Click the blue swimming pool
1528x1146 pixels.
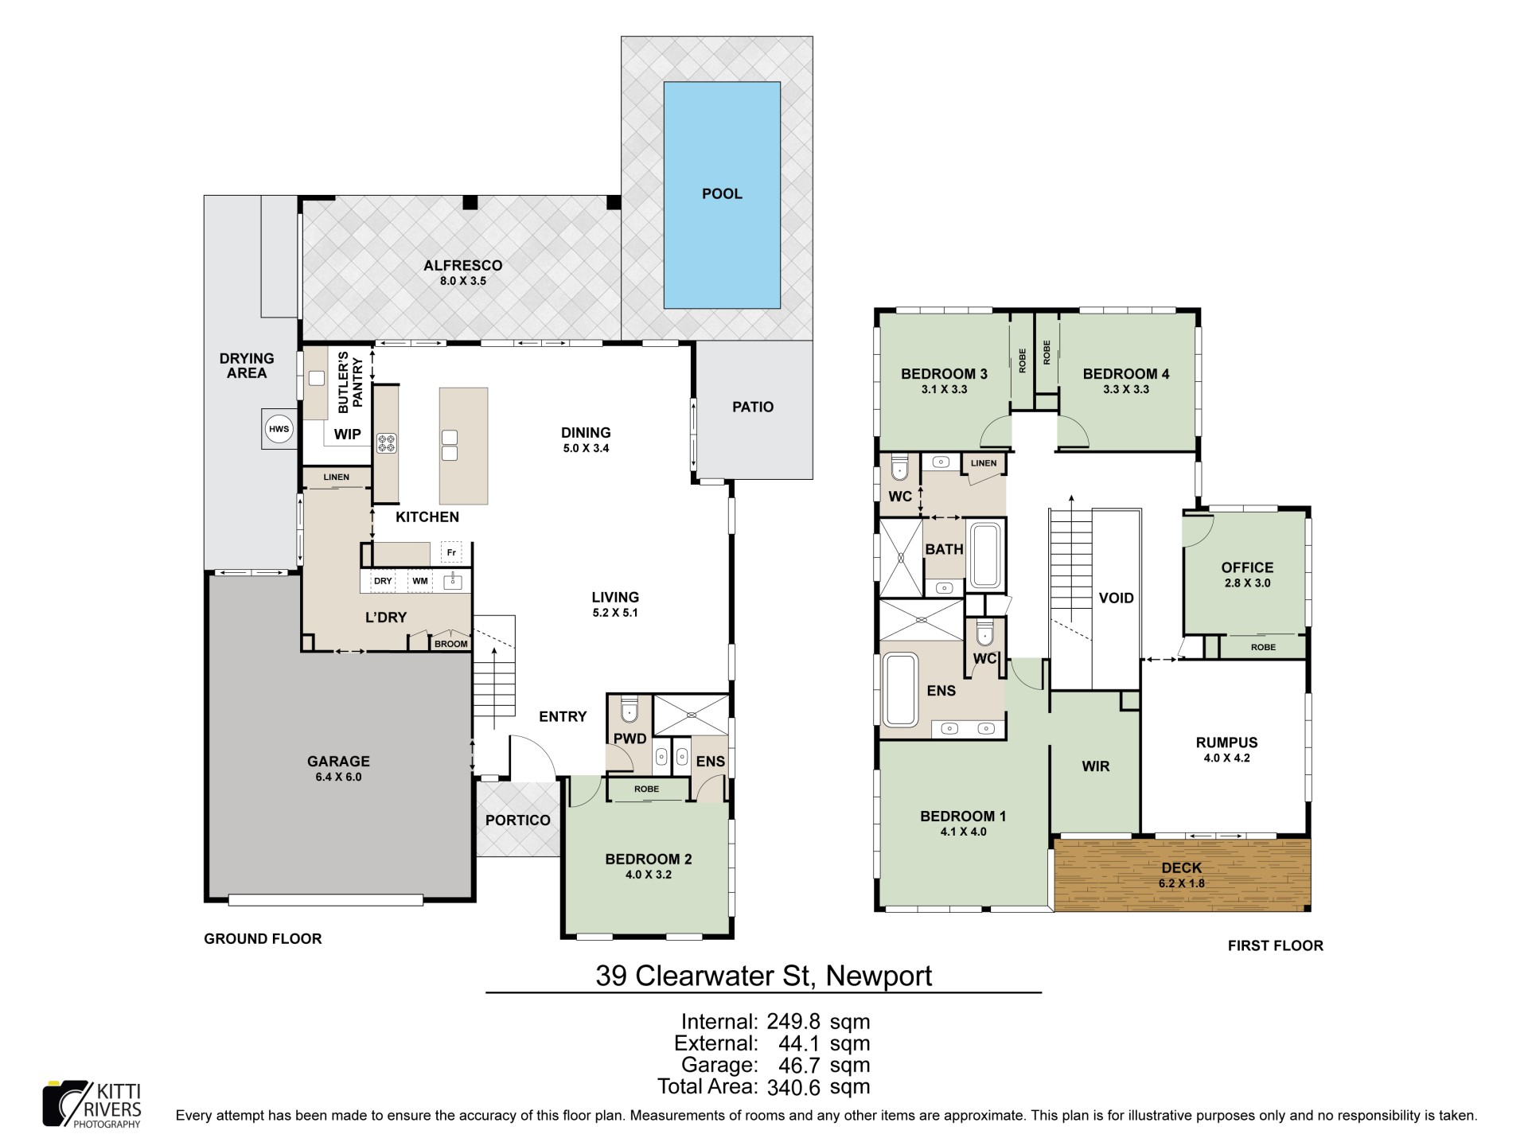(722, 195)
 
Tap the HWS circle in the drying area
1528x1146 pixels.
(279, 430)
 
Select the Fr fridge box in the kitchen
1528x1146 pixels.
(451, 552)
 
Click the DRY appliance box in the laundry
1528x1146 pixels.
(384, 581)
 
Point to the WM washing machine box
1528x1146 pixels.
(420, 581)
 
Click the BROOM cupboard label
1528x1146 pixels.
(451, 644)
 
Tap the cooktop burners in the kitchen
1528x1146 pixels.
(387, 443)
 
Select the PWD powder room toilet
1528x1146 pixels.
(630, 709)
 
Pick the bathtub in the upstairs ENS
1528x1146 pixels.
(900, 689)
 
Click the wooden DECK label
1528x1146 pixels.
(1182, 867)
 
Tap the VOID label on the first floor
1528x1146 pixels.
(1116, 598)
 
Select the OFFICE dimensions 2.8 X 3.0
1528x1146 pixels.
(1247, 583)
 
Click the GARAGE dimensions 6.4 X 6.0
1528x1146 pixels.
(338, 777)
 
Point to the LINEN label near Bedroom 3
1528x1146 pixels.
(984, 463)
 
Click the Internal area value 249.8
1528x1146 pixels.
(795, 1022)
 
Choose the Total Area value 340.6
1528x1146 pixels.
(795, 1087)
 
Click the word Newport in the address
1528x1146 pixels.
(879, 976)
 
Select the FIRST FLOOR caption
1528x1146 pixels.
(1276, 945)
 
